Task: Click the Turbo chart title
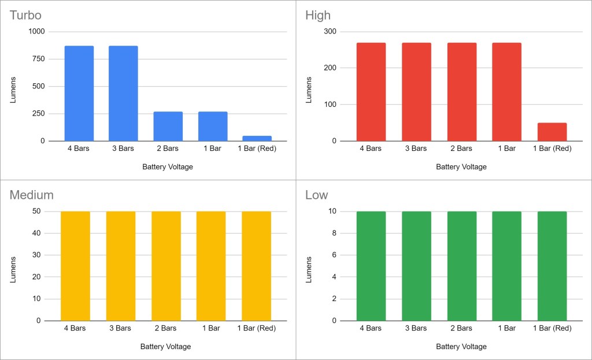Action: pyautogui.click(x=25, y=15)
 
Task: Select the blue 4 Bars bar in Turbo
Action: pyautogui.click(x=79, y=93)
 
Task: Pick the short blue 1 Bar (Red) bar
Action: pyautogui.click(x=257, y=138)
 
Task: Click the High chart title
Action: pyautogui.click(x=318, y=15)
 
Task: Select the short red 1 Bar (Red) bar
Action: pyautogui.click(x=552, y=132)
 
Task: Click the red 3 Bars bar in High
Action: pyautogui.click(x=416, y=92)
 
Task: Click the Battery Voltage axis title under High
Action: pyautogui.click(x=461, y=167)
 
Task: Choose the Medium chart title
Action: pyautogui.click(x=31, y=195)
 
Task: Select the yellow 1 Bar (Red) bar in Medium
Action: pyautogui.click(x=256, y=266)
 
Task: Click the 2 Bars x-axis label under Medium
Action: pyautogui.click(x=165, y=328)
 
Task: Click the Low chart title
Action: pyautogui.click(x=316, y=195)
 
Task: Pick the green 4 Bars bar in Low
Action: pyautogui.click(x=371, y=266)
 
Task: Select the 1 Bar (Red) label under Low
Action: pyautogui.click(x=552, y=328)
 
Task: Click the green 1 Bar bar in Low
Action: pyautogui.click(x=507, y=266)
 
